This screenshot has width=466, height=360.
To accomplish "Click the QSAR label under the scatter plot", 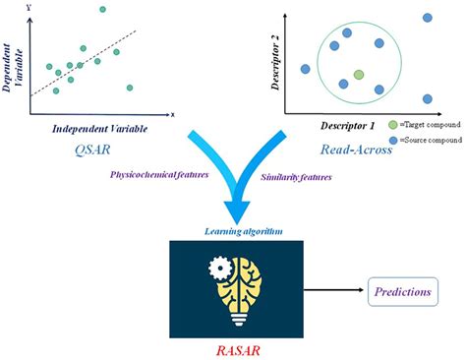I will (90, 150).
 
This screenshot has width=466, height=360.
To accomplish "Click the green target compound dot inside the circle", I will (359, 75).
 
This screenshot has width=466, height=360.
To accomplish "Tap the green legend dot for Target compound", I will (394, 126).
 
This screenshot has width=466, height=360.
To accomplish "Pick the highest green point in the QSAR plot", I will (102, 10).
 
